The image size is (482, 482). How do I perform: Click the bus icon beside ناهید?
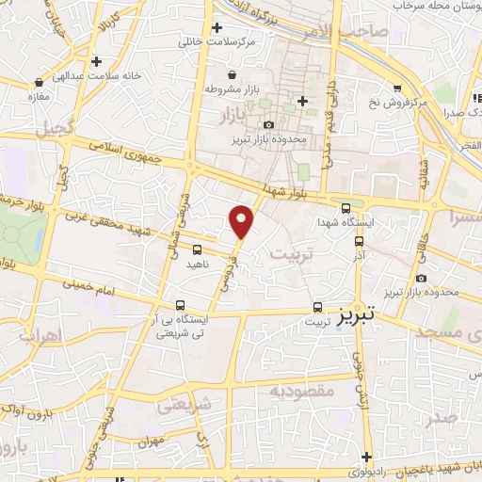(197, 250)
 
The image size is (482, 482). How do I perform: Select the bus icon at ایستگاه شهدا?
(345, 209)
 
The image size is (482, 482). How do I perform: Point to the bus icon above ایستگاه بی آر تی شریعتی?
(180, 305)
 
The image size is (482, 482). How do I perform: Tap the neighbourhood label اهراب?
(39, 335)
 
